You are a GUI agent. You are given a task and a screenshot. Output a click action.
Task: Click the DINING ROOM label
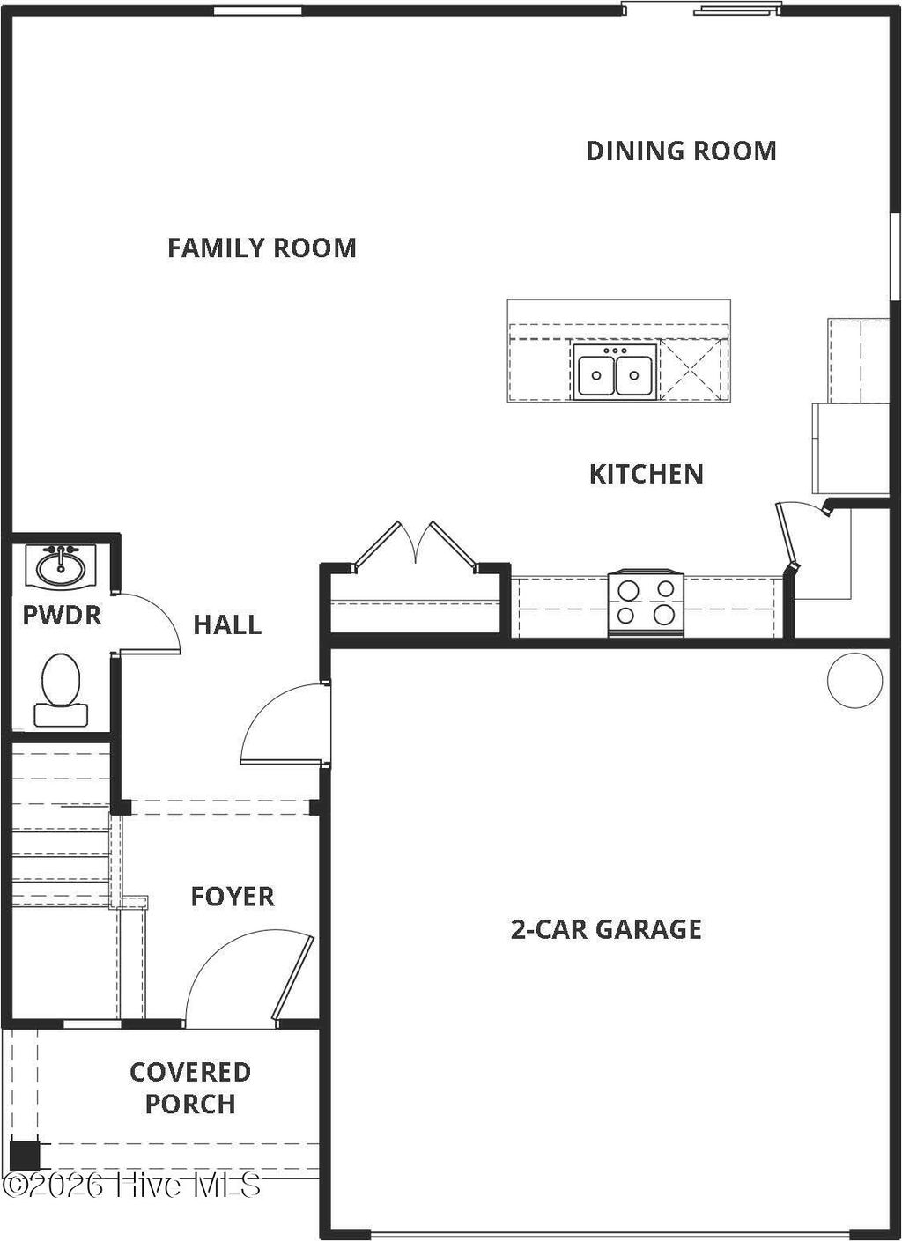pos(681,151)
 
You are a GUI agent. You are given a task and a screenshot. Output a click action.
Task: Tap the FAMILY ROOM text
pos(262,247)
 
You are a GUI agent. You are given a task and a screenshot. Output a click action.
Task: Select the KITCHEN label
pos(646,474)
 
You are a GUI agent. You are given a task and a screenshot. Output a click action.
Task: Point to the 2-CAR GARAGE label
pos(606,929)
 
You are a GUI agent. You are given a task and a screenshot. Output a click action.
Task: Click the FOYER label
pos(233,897)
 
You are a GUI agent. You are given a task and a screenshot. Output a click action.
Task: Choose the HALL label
pos(227,624)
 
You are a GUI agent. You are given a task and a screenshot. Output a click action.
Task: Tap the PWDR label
pos(62,615)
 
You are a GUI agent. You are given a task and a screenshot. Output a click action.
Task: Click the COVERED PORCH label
pos(190,1088)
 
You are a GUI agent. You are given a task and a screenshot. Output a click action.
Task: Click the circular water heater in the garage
pos(854,680)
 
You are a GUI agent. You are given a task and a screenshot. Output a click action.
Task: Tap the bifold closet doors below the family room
pos(416,548)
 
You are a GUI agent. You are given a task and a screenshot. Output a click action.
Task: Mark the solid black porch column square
pos(25,1155)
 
